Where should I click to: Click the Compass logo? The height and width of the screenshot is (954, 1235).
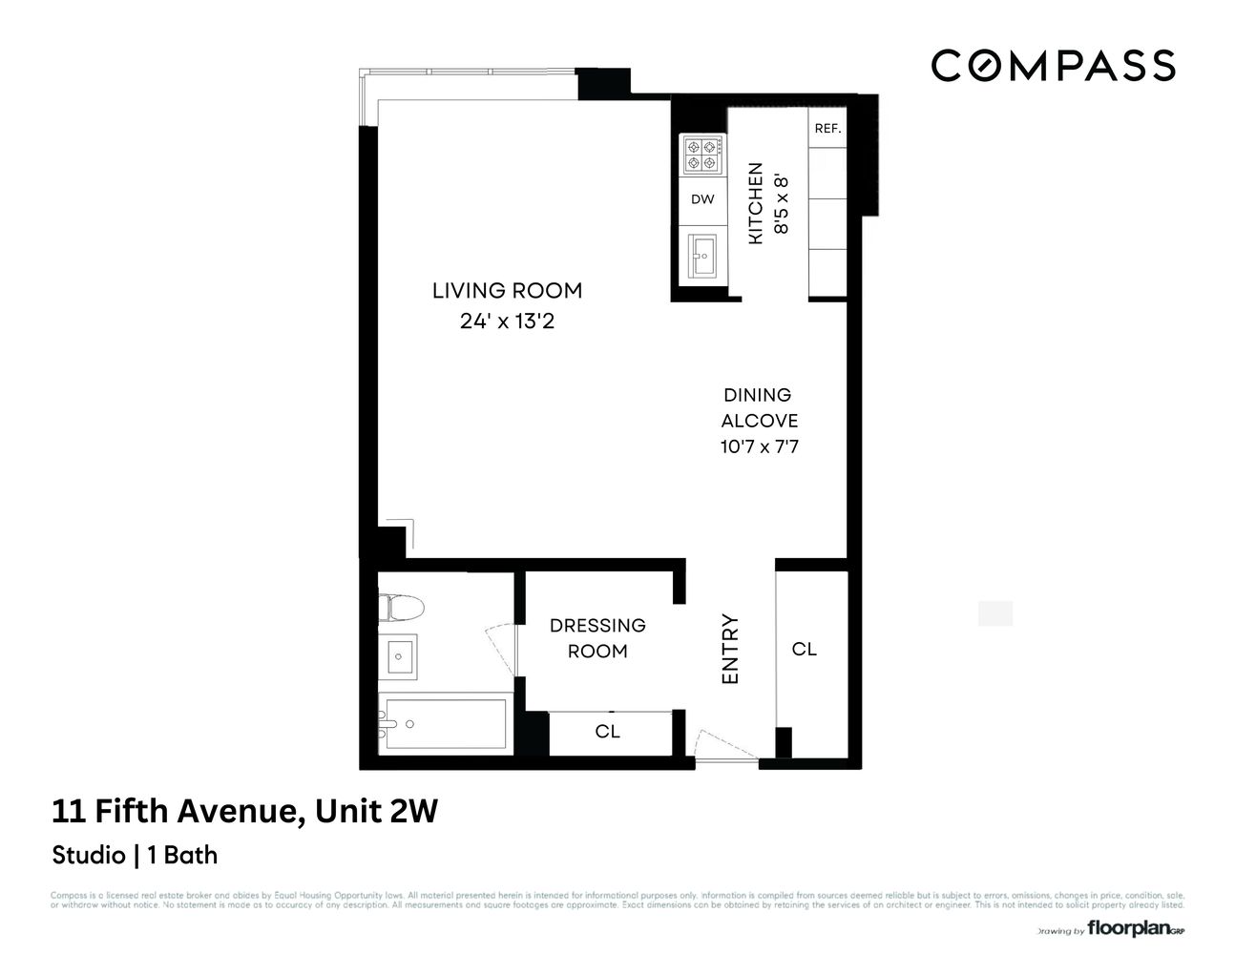(x=1052, y=66)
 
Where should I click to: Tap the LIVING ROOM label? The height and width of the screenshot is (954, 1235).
(x=507, y=291)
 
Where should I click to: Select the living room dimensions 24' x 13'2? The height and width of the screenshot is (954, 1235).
(x=507, y=321)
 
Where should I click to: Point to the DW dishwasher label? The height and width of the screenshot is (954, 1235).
(x=701, y=199)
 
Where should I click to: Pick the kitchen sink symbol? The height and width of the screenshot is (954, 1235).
(x=702, y=255)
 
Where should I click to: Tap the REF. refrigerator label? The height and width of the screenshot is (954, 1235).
(x=827, y=128)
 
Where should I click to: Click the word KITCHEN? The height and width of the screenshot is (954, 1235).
(x=755, y=203)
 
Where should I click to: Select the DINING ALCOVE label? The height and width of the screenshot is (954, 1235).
(x=759, y=407)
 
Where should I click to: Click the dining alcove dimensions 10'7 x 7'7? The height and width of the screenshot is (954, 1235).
(x=759, y=446)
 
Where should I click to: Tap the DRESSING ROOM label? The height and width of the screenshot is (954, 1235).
(x=597, y=637)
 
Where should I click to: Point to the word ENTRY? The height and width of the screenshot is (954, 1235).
(x=731, y=649)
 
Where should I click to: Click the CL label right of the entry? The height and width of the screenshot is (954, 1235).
(x=805, y=649)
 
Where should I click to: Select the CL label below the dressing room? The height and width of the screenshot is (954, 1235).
(x=608, y=732)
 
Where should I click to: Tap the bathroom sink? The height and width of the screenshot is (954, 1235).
(x=399, y=656)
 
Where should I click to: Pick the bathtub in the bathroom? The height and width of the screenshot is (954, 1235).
(x=443, y=725)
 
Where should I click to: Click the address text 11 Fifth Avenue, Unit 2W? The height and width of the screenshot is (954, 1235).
(x=245, y=812)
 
